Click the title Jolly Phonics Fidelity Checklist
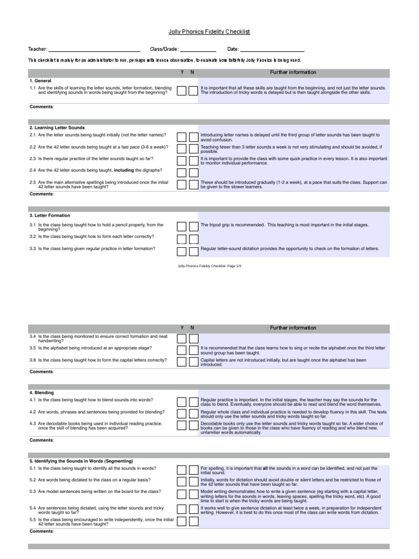tap(209, 32)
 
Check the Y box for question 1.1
tap(182, 91)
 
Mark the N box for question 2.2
tap(193, 149)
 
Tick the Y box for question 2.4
tap(182, 173)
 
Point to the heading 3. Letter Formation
tap(50, 216)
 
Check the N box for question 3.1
tap(193, 227)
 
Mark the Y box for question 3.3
tap(182, 251)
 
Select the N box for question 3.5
tap(193, 350)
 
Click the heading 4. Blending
tap(41, 393)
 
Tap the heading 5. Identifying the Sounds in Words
tap(81, 461)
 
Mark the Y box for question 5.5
tap(182, 521)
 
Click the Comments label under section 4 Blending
tap(41, 439)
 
